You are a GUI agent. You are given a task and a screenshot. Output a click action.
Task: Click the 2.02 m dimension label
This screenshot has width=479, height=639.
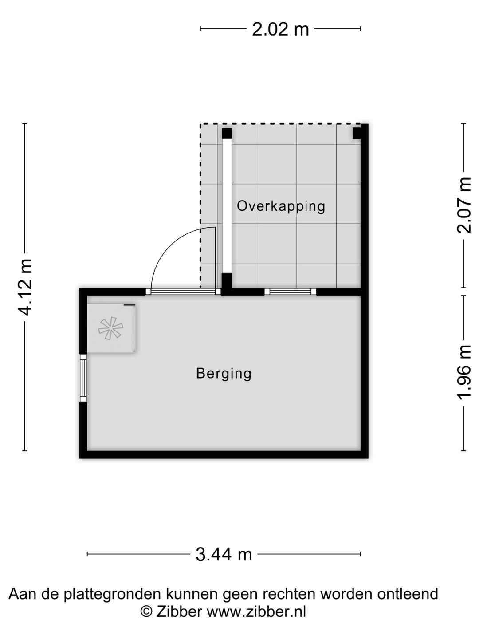point(280,29)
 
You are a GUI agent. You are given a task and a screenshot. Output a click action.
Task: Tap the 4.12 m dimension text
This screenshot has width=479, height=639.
point(25,287)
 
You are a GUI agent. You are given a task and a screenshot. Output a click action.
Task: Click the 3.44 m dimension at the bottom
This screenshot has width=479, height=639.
point(224,554)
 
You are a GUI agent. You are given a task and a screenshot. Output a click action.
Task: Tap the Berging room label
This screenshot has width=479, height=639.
point(224,373)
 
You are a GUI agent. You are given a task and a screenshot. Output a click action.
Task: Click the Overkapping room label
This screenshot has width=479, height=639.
point(281,206)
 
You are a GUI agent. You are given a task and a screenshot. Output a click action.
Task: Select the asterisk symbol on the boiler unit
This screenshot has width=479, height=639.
point(110,329)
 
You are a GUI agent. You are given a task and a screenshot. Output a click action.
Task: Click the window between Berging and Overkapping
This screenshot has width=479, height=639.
point(291,292)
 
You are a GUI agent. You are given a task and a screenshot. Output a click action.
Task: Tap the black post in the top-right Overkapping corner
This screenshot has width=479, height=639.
point(357,133)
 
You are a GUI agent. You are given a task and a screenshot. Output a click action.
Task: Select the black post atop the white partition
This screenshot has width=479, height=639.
point(227,134)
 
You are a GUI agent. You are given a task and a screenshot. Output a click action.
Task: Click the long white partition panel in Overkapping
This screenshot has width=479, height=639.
point(227,206)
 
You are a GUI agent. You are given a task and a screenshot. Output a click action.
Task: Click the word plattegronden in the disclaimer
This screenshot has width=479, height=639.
point(113,594)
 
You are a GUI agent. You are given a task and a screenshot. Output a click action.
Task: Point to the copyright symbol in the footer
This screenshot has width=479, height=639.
point(146,611)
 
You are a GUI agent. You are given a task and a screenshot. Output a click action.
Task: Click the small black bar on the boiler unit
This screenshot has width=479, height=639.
point(129,305)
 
